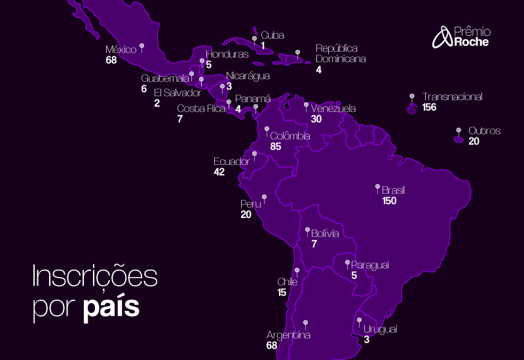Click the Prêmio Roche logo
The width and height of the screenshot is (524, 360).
[x=461, y=37]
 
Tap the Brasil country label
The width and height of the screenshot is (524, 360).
[x=394, y=190]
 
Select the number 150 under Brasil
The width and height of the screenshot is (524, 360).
[x=390, y=201]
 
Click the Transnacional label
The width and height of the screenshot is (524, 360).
[x=452, y=97]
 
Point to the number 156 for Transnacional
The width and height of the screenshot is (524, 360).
[x=430, y=107]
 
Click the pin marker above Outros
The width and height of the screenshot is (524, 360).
[x=458, y=130]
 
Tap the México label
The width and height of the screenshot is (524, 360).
[x=121, y=50]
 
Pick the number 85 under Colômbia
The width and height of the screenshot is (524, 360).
[x=275, y=147]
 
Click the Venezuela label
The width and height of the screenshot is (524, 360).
[x=333, y=109]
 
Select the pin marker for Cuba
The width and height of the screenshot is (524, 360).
[x=254, y=39]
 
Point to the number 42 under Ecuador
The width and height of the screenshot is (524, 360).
[x=219, y=171]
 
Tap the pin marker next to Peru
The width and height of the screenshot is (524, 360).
[x=264, y=196]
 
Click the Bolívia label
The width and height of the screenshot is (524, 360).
[x=325, y=233]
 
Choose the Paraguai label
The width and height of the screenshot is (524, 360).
[x=370, y=264]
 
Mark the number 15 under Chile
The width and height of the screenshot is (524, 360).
[x=282, y=293]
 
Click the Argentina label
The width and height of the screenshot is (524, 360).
[x=288, y=335]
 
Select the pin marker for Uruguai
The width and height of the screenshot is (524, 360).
[x=359, y=320]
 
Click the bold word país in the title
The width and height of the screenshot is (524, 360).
[x=111, y=307]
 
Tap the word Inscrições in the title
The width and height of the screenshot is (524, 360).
[x=95, y=276]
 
